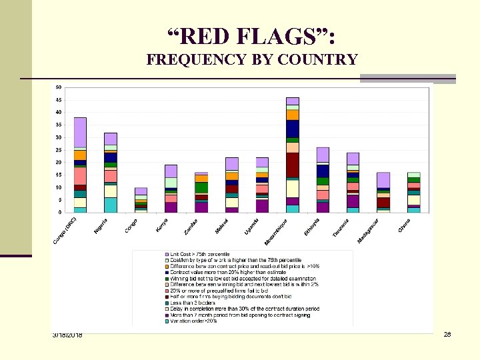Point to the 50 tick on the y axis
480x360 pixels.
tap(58, 87)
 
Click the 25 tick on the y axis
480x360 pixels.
tap(58, 150)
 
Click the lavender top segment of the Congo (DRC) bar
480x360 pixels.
tap(80, 132)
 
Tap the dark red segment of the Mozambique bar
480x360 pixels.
tap(293, 165)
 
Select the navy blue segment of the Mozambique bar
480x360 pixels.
tap(293, 129)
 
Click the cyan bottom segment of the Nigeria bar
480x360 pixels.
tap(110, 205)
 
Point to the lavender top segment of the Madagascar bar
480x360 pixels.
tap(383, 180)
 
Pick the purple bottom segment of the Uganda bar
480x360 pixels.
tap(262, 206)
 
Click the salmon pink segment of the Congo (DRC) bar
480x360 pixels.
tap(80, 175)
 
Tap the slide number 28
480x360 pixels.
tap(447, 334)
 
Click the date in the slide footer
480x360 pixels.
tap(67, 334)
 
